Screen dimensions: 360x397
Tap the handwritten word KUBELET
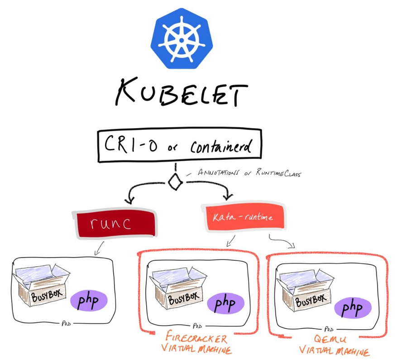pyautogui.click(x=181, y=95)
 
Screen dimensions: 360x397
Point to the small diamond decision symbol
pyautogui.click(x=175, y=182)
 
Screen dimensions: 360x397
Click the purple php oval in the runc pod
pyautogui.click(x=88, y=301)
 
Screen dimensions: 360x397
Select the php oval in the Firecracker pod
pyautogui.click(x=225, y=303)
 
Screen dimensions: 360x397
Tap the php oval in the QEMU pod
pyautogui.click(x=353, y=308)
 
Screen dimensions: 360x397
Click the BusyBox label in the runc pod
pyautogui.click(x=44, y=296)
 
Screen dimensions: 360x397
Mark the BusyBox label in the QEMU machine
pyautogui.click(x=311, y=301)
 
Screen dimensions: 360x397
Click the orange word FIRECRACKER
pyautogui.click(x=196, y=338)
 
